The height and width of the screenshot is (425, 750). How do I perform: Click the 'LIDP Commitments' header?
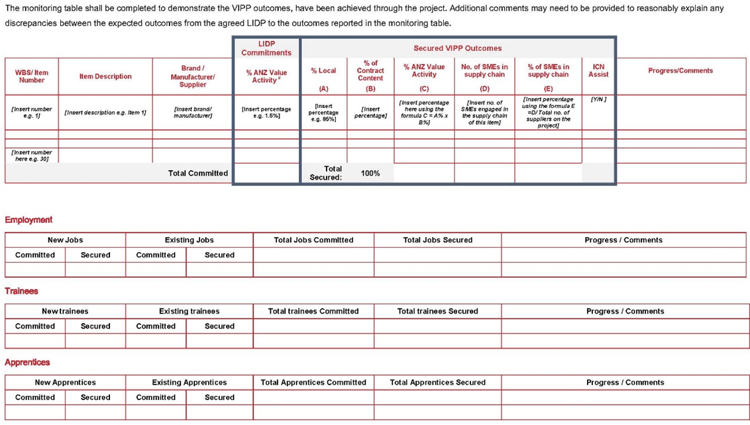[x=266, y=48]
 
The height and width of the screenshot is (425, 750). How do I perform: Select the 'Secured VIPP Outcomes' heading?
[x=457, y=48]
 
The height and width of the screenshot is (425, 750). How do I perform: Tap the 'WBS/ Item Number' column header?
[x=32, y=76]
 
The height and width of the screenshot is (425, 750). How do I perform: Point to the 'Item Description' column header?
[x=105, y=76]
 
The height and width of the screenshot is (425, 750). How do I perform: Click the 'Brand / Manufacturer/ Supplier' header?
[x=193, y=76]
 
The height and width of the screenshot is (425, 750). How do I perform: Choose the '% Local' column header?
[x=323, y=71]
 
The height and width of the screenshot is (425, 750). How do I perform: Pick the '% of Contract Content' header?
[x=370, y=71]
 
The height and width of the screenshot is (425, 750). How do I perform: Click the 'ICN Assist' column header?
[x=598, y=70]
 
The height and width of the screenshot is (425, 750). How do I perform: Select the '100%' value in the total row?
[x=370, y=173]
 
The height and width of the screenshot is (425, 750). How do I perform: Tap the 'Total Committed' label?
[x=198, y=173]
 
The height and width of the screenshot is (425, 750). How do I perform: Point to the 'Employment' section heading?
[x=28, y=220]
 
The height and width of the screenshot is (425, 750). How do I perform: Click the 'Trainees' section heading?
[x=22, y=291]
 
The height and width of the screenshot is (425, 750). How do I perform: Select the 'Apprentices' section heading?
[x=27, y=363]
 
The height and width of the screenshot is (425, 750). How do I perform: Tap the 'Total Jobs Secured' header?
[x=437, y=240]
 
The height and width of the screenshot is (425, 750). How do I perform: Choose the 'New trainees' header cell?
[x=65, y=311]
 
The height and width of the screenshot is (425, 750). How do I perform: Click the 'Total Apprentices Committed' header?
[x=313, y=383]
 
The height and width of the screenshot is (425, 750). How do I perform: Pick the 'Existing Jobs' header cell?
[x=189, y=240]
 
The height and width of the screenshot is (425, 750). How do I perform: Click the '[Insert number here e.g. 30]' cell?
[x=32, y=156]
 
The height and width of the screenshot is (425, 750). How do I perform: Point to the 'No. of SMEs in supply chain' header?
[x=484, y=71]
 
